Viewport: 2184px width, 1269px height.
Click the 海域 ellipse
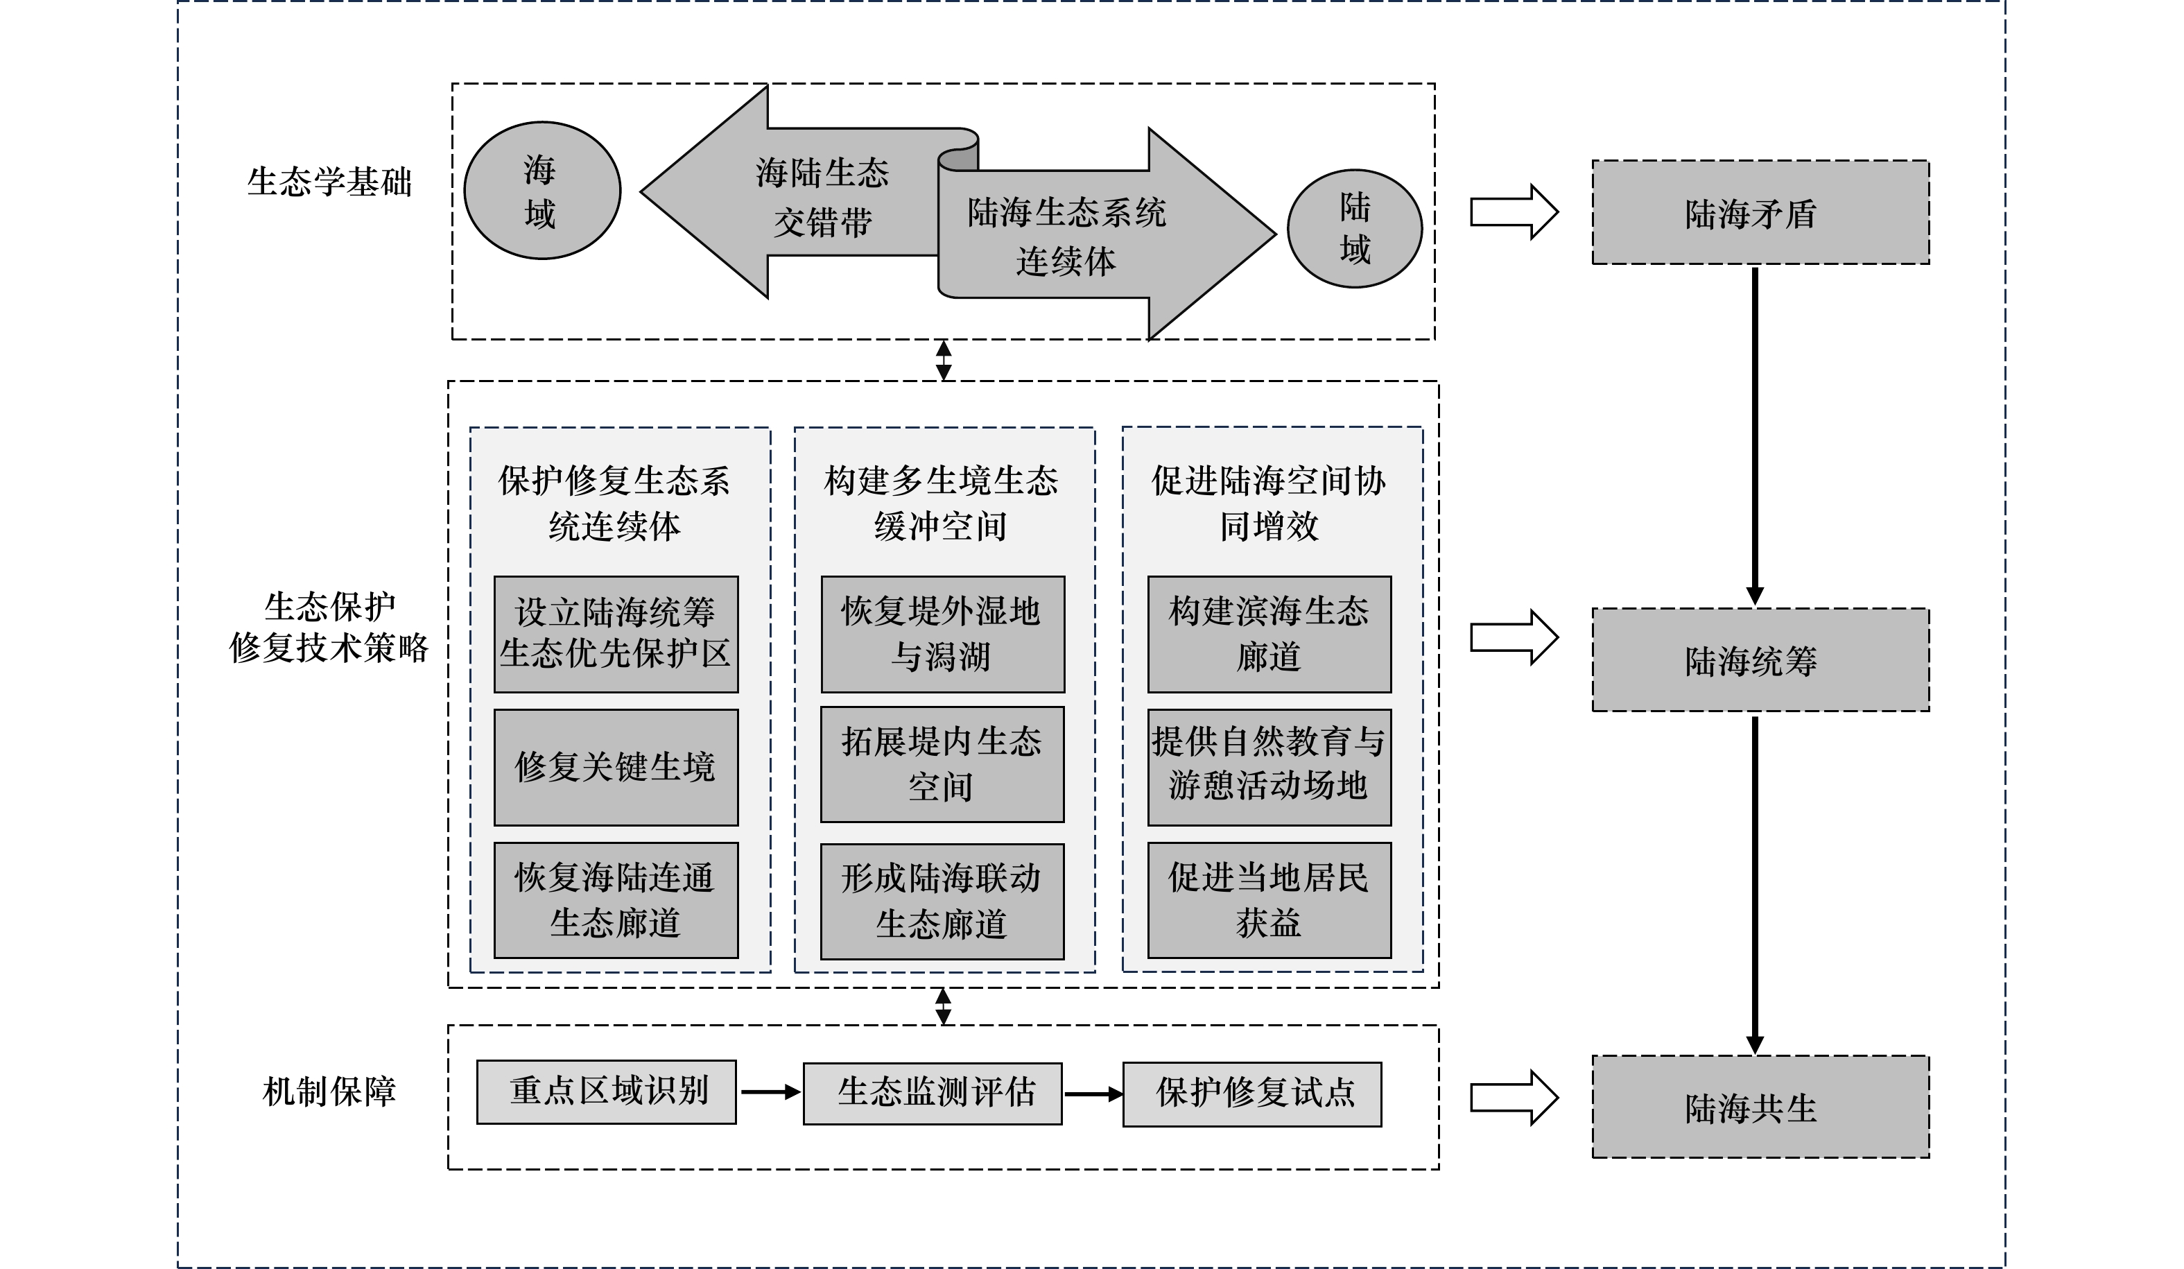pos(542,191)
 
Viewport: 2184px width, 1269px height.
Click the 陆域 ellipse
pos(1355,228)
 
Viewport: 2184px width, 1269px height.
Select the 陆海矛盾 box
pos(1760,212)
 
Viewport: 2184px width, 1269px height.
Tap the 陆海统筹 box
pos(1760,659)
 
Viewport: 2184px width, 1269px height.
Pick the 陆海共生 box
pos(1760,1107)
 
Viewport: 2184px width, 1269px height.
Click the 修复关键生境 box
pos(616,767)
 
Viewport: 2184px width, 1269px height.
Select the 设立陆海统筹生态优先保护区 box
pos(616,634)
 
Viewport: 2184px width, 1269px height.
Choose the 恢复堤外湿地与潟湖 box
pos(943,634)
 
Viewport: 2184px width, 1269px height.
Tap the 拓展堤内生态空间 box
pos(943,764)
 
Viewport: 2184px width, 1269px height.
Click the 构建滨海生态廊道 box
pos(1269,634)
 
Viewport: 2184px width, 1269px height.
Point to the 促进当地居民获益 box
pos(1269,901)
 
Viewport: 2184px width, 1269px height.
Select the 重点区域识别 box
pos(607,1092)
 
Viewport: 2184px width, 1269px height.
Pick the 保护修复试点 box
pos(1252,1095)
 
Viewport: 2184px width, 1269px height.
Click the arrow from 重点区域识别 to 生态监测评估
pos(770,1092)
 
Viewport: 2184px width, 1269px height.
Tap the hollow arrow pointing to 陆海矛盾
pos(1514,211)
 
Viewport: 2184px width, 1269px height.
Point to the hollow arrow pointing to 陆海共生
pos(1514,1097)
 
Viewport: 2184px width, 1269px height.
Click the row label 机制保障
pos(329,1091)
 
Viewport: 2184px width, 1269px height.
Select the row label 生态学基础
pos(329,182)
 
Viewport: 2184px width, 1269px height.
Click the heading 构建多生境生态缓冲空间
pos(942,503)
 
